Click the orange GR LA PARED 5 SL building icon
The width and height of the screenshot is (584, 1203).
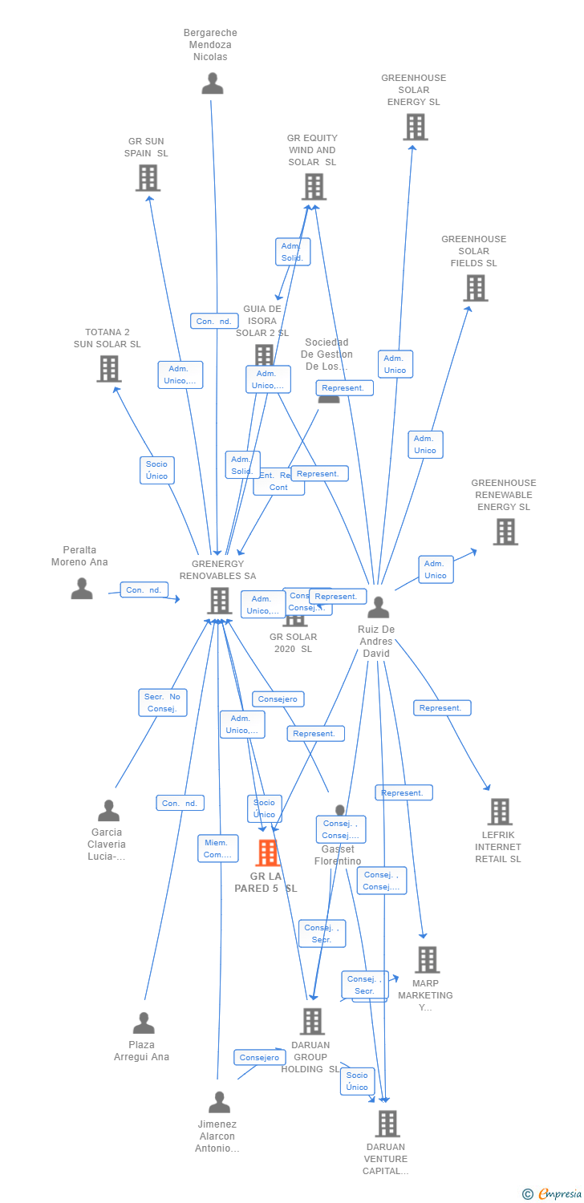point(267,853)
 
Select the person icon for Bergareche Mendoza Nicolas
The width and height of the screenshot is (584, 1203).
point(213,83)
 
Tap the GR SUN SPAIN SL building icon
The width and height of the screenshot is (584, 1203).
point(148,178)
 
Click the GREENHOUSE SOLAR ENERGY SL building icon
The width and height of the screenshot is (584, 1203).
point(415,127)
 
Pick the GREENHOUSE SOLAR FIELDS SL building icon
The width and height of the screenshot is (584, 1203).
point(475,288)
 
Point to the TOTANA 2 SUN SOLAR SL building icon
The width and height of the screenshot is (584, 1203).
point(108,369)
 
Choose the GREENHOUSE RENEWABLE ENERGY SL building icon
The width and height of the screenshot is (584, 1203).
point(505,532)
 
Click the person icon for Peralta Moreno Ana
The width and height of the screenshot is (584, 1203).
point(82,589)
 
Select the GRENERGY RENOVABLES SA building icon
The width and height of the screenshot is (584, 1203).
point(219,601)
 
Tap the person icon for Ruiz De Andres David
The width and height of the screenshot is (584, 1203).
point(378,608)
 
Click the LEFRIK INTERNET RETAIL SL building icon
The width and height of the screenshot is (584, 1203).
point(500,812)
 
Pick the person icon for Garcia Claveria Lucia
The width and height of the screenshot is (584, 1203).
point(108,811)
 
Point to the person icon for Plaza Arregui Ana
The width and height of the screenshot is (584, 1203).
point(144,1023)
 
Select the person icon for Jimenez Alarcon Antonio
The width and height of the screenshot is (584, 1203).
point(219,1102)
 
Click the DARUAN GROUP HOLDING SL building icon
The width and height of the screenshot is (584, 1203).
point(312,1022)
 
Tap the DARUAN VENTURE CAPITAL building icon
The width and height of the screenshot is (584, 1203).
point(387,1124)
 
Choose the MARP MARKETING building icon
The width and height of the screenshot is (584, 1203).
point(427,960)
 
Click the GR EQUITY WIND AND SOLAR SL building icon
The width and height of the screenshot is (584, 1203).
point(313,187)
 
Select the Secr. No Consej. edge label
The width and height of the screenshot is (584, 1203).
point(162,703)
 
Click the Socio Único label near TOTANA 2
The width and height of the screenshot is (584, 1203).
point(156,470)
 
